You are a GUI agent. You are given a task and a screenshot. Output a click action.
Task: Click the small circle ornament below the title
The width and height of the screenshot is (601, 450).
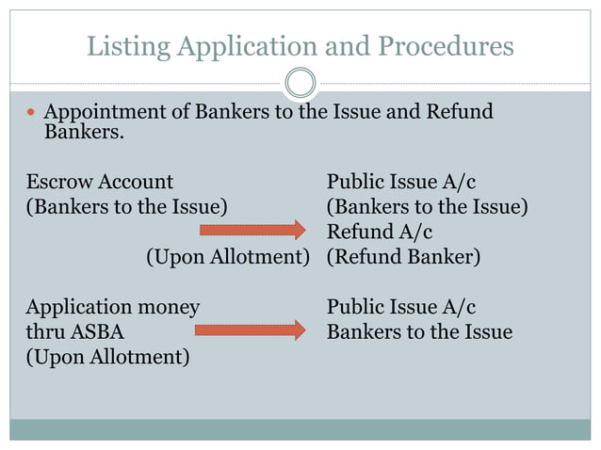[300, 84]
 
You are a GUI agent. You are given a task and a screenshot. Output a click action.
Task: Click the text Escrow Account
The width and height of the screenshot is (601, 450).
[100, 182]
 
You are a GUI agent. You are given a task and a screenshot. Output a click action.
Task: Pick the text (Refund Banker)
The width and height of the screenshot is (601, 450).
[403, 256]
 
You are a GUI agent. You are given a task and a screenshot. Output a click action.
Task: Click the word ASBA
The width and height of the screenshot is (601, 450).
[95, 332]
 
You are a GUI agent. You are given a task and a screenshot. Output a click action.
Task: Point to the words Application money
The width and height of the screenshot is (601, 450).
[112, 308]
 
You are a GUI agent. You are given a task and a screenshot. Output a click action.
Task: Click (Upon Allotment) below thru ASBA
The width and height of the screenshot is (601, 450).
[106, 358]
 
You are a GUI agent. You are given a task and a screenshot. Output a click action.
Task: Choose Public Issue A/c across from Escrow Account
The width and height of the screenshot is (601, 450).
[400, 182]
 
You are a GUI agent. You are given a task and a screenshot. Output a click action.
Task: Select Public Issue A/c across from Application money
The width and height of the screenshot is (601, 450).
[400, 308]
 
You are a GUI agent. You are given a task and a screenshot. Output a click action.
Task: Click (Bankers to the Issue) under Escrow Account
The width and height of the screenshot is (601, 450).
[126, 206]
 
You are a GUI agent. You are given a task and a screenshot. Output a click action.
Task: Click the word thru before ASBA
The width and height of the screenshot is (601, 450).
[43, 332]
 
